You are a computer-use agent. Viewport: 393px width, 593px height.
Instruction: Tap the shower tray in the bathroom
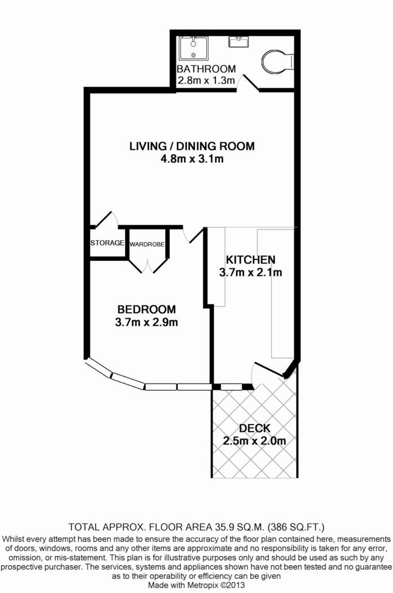pos(193,48)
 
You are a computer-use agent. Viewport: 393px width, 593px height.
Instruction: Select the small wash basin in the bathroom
pos(238,41)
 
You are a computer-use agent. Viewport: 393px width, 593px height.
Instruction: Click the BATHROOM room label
pos(206,69)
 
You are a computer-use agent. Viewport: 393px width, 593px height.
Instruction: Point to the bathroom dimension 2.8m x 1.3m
pos(206,80)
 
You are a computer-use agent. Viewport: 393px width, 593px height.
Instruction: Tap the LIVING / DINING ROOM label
pos(192,146)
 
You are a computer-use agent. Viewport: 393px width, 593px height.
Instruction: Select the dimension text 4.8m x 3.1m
pos(192,159)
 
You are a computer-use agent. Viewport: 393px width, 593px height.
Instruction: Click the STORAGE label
pos(107,243)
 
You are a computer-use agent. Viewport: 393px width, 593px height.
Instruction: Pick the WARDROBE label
pos(147,245)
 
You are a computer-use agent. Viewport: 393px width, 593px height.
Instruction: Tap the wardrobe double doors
pos(148,265)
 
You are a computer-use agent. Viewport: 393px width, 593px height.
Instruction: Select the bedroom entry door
pos(193,234)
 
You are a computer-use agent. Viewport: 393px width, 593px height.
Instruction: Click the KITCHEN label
pos(250,260)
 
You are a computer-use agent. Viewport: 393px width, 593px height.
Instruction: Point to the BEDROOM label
pos(147,309)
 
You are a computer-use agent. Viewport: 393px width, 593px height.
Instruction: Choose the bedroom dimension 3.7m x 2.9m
pos(147,322)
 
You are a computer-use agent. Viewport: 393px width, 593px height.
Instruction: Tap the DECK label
pos(255,428)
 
